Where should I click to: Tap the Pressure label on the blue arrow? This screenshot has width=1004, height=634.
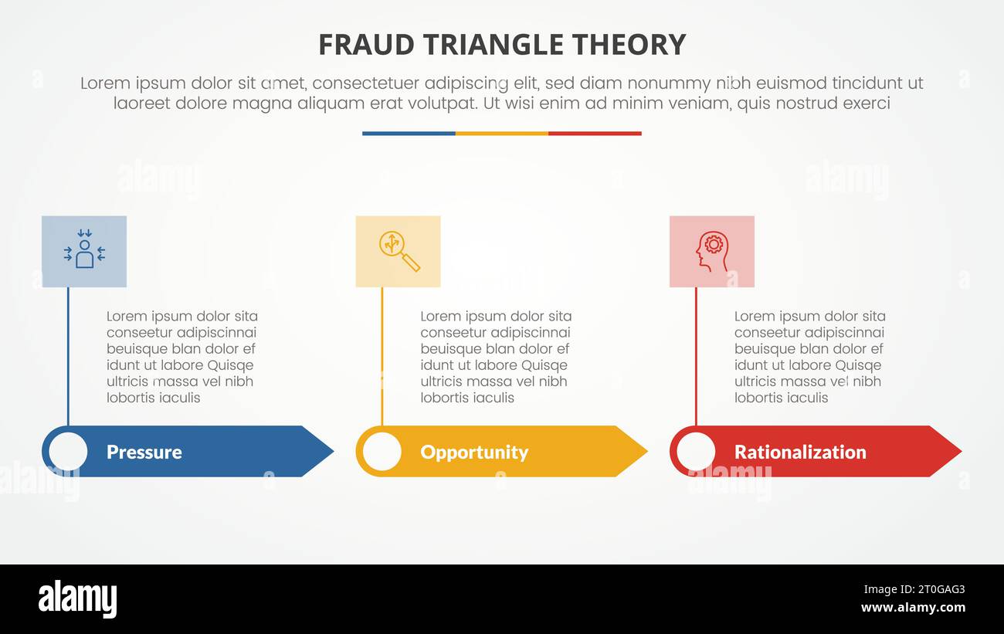(144, 452)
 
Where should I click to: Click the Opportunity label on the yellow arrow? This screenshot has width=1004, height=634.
(474, 452)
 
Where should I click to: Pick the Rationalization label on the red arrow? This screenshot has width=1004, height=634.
(800, 452)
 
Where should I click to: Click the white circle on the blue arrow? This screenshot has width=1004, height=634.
(68, 452)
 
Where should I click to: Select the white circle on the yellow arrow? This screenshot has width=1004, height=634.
(382, 452)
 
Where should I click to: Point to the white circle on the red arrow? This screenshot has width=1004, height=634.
(696, 452)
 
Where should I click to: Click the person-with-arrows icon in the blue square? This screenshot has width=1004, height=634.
(84, 250)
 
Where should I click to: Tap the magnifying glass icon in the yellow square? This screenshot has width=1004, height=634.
(399, 250)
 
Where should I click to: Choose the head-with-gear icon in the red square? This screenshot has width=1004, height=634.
(712, 252)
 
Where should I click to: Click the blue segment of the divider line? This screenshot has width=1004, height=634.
(409, 134)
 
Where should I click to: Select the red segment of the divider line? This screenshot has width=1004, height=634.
(595, 134)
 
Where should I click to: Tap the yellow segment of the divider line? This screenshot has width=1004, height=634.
(502, 134)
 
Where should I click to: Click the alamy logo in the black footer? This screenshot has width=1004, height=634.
(77, 599)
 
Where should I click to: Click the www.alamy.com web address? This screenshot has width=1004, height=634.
(913, 608)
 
